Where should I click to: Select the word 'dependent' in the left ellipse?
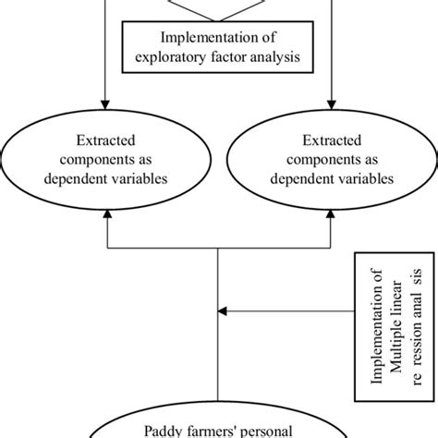pos(79,178)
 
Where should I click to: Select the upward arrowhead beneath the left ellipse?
pos(108,215)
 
